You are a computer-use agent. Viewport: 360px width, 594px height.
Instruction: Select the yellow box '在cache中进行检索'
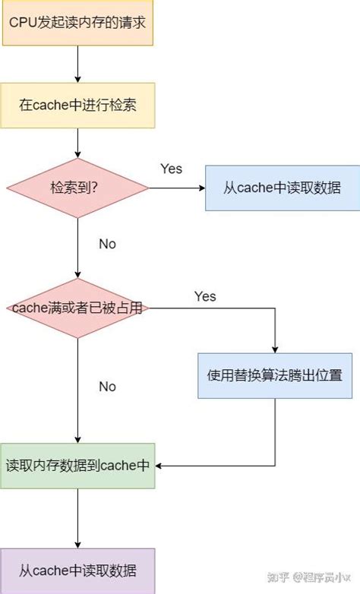pos(77,105)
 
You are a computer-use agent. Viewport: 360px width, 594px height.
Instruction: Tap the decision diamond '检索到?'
pos(77,188)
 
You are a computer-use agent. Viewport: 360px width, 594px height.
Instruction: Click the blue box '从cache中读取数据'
pos(283,188)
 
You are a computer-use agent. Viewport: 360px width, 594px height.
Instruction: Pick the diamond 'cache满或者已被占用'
pos(77,308)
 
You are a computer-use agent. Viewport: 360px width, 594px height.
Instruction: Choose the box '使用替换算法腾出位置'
pos(275,375)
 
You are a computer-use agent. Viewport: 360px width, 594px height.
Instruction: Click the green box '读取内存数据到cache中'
pos(77,465)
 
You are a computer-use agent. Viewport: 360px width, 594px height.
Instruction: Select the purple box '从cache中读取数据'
pos(77,570)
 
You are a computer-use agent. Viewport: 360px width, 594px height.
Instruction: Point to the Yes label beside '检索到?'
pos(172,169)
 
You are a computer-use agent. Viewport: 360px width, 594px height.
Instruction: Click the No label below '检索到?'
pos(108,244)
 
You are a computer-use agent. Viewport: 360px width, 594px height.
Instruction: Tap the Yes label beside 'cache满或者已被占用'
pos(205,296)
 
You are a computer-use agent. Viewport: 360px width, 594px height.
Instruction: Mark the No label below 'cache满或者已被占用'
pos(108,387)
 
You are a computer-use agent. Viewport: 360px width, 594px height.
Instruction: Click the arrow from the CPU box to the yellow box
pos(78,64)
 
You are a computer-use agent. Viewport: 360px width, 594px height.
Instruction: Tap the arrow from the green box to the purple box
pos(78,518)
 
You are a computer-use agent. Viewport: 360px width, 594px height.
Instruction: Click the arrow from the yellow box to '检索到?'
pos(78,143)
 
